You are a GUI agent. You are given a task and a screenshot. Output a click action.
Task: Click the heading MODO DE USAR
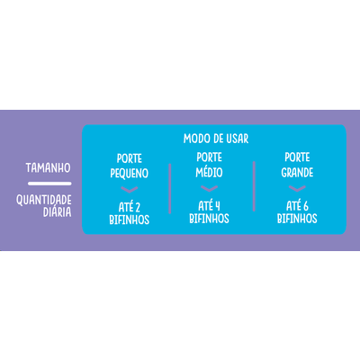pos(216,139)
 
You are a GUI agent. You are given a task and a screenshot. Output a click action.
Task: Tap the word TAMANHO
pos(48,167)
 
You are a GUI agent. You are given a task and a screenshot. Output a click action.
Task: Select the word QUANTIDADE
pos(44,200)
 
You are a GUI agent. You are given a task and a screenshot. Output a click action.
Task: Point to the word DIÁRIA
pos(58,212)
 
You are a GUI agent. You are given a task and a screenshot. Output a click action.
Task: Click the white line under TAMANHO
pos(49,184)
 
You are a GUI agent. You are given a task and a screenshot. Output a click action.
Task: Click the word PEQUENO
pos(130,173)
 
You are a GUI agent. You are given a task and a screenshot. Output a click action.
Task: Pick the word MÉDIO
pos(209,172)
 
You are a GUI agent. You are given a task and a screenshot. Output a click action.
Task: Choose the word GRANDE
pos(297,172)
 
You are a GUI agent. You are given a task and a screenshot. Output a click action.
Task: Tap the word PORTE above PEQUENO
pos(130,158)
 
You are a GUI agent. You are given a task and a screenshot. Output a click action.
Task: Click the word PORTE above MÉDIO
pos(209,157)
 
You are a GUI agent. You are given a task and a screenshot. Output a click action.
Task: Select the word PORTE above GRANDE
pos(297,157)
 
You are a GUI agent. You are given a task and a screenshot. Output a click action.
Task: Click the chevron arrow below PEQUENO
pos(130,190)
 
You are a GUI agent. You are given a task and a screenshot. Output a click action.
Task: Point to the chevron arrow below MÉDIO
pos(209,189)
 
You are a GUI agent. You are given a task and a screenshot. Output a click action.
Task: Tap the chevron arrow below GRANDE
pos(297,189)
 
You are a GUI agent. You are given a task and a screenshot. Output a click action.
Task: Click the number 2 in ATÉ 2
pos(137,208)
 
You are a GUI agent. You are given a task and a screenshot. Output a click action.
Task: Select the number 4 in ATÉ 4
pos(217,206)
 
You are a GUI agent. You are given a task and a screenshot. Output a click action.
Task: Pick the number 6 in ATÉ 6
pos(305,206)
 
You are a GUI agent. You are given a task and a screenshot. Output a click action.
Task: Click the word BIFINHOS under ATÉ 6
pos(297,219)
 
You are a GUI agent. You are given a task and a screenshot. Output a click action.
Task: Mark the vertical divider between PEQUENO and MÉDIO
pos(170,189)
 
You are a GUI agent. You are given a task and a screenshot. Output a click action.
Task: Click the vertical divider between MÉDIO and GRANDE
pos(254,186)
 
